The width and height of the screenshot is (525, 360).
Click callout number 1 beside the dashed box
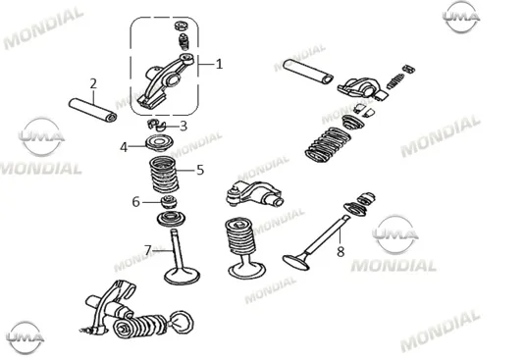coord(219,64)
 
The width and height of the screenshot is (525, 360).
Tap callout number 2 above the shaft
coord(93,83)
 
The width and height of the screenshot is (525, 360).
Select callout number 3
coord(184,127)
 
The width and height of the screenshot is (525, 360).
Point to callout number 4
coord(124,147)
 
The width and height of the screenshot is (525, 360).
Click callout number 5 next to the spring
coord(200,170)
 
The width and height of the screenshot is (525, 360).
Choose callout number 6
coord(135,202)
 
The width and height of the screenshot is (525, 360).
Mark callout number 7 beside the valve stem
coord(148,249)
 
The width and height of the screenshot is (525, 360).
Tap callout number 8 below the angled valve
coord(341,251)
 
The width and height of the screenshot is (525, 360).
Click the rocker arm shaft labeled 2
coord(93,110)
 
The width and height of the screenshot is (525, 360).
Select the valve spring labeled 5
coord(164,174)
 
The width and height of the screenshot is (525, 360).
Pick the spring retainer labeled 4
coord(160,143)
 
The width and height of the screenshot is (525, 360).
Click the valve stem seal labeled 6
coord(169,202)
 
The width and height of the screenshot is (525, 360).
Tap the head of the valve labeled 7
coord(182,275)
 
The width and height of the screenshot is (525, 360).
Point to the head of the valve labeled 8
coord(295,262)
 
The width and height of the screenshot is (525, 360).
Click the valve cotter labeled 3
coord(157,125)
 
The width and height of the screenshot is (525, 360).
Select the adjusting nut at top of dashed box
coord(182,26)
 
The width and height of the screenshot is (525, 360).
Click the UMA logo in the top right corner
coord(461,17)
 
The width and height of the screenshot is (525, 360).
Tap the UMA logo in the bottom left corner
coord(26,337)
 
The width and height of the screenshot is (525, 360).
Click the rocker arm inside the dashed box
coord(167,81)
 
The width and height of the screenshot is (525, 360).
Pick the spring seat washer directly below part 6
coord(171,219)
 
